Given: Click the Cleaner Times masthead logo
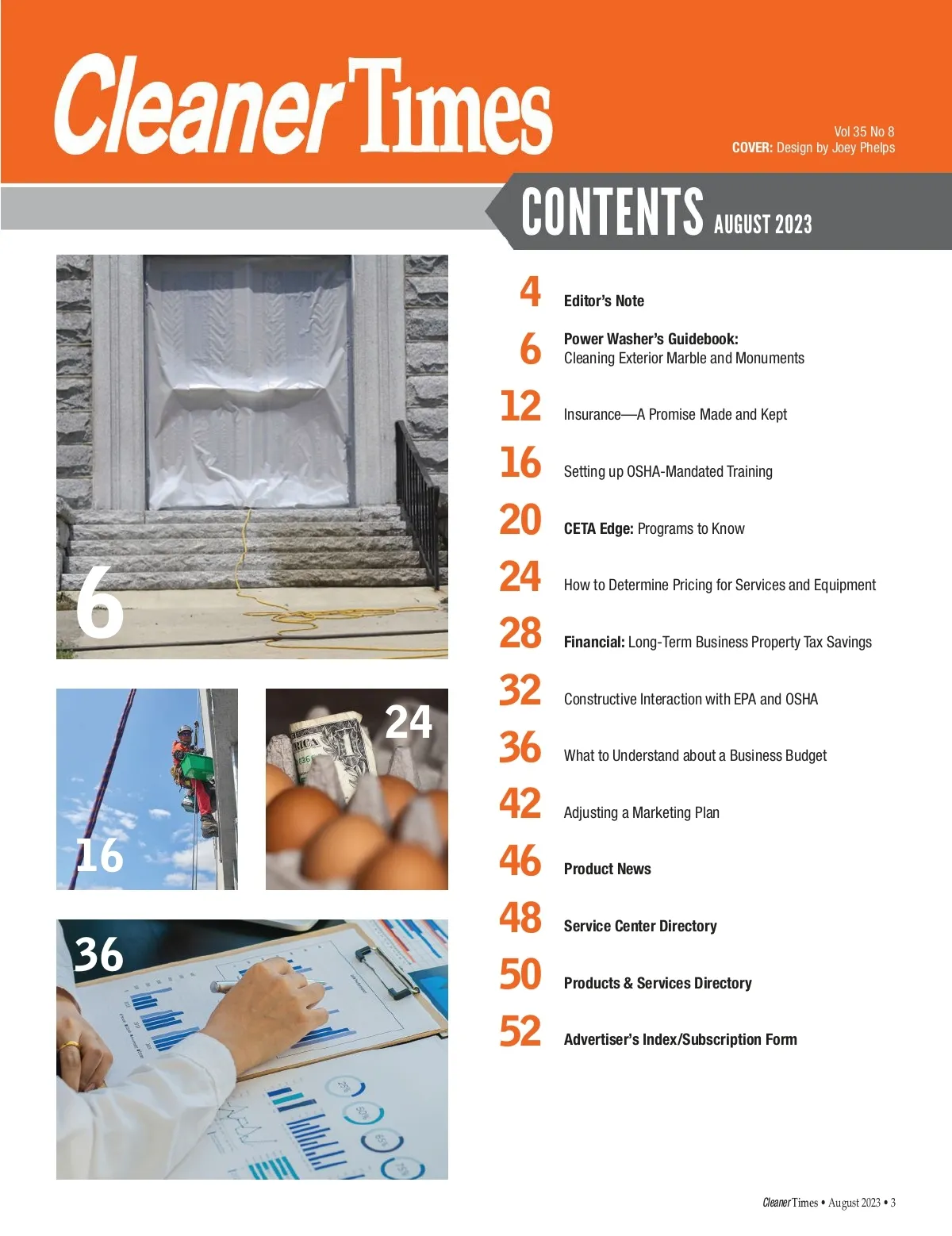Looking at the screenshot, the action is tap(303, 106).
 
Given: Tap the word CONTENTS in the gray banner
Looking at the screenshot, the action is tap(612, 212).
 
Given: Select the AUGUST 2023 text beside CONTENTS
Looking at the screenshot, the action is tap(762, 224).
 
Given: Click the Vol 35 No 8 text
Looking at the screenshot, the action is tap(864, 132).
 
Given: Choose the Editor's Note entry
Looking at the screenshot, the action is tap(604, 301).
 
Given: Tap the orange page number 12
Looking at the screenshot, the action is tap(520, 405).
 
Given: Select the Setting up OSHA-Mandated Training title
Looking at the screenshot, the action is tap(668, 471).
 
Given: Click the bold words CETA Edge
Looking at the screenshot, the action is tap(598, 528).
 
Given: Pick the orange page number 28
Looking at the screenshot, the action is tap(520, 632).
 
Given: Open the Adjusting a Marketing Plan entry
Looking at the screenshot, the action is tap(642, 813).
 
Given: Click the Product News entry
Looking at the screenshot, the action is tap(608, 869).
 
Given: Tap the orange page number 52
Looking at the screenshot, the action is tap(520, 1031).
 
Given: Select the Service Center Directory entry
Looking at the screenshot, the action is tap(640, 926).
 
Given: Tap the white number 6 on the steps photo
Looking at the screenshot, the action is tap(100, 602).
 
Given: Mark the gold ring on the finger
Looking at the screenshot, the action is tap(70, 1044).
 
